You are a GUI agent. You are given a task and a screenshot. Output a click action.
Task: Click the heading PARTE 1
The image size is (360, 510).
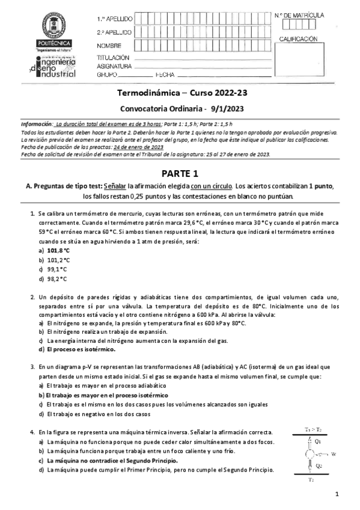coord(180,174)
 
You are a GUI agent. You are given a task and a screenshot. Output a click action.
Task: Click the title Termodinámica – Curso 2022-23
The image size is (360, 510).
coord(180,94)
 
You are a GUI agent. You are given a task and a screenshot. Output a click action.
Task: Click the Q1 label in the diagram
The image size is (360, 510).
coord(318,441)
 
